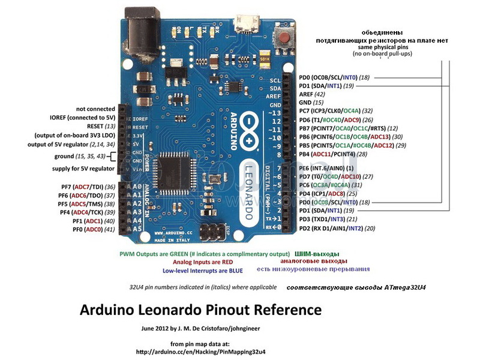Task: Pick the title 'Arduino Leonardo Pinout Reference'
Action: (200, 310)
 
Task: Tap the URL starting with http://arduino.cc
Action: (200, 351)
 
